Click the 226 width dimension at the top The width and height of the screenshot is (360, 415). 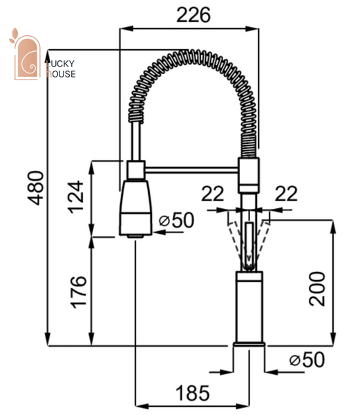pos(193,15)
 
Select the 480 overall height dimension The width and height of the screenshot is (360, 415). pos(36,188)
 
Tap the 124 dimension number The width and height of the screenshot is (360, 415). pos(76,197)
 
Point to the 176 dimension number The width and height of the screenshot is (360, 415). pos(79,292)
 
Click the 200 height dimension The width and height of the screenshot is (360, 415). pos(316,288)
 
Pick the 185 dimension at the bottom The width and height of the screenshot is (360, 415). pos(192,393)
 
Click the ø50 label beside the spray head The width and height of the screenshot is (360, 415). pos(177,220)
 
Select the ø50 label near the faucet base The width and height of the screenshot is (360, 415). pos(307,360)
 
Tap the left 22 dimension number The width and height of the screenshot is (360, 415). pos(213,194)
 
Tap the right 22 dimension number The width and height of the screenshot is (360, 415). pos(286,194)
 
